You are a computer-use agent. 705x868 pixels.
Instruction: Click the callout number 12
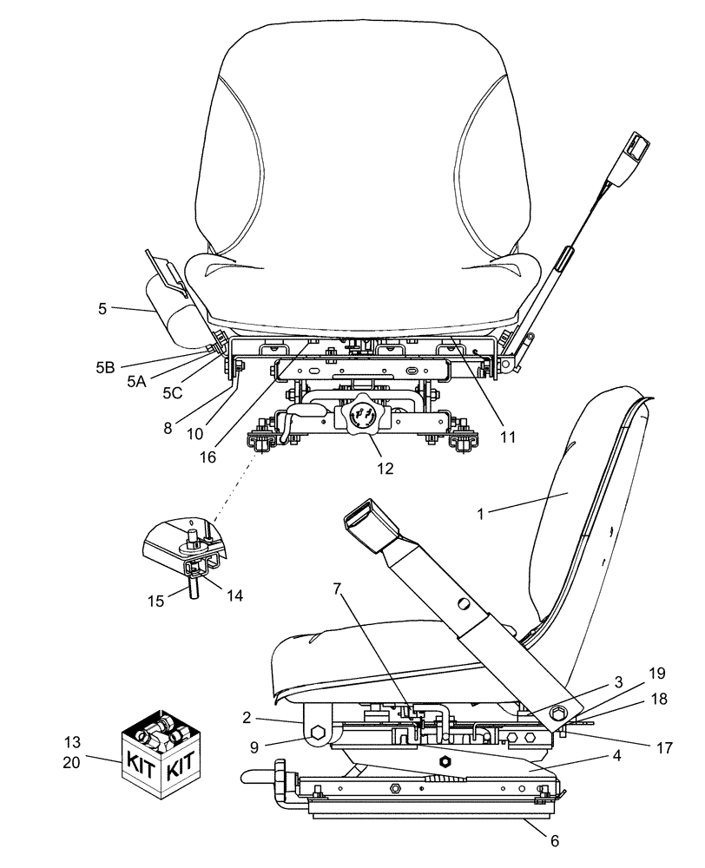(385, 468)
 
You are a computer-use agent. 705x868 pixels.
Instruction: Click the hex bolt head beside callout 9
(316, 734)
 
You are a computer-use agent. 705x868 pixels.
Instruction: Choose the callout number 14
(234, 595)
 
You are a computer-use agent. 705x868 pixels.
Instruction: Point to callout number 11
(508, 438)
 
